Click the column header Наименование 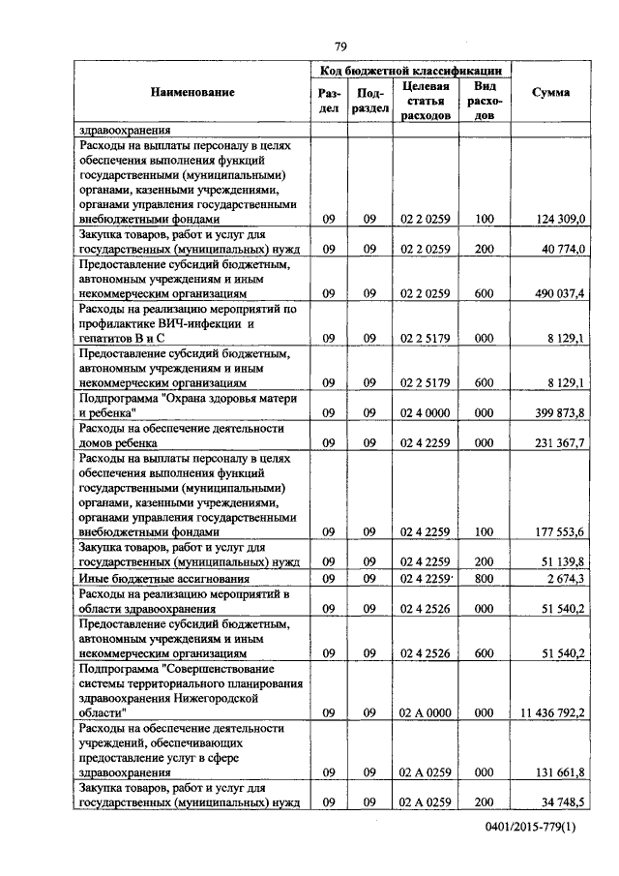(192, 92)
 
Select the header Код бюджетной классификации (411, 71)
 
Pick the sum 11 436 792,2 (551, 712)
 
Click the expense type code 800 (485, 578)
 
